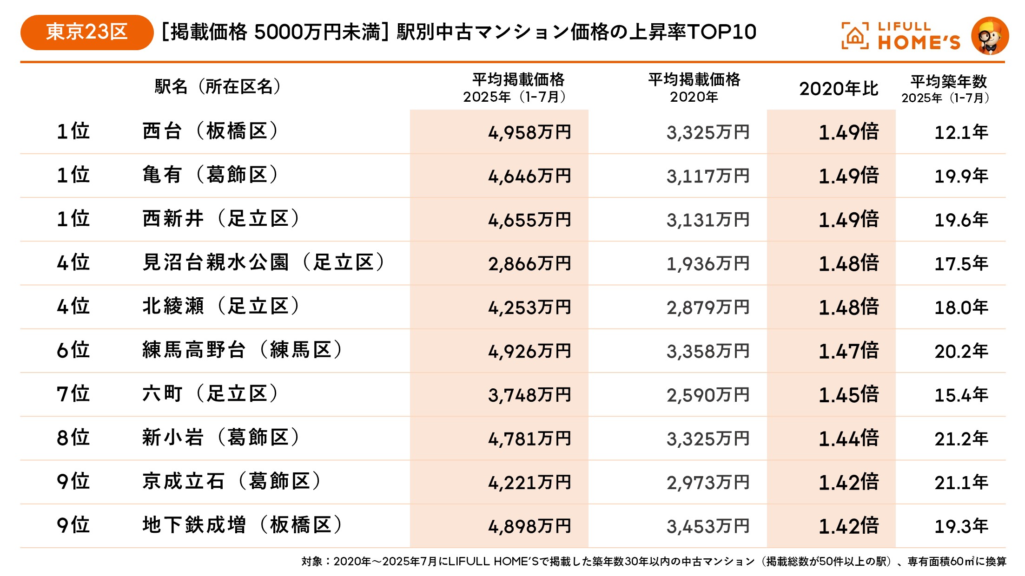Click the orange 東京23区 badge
(86, 32)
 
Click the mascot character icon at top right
(990, 36)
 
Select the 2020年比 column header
(839, 88)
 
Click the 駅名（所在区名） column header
(218, 86)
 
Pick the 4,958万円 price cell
(529, 132)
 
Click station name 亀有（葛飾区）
(211, 175)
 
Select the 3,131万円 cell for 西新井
(708, 220)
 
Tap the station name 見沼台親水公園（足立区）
(264, 262)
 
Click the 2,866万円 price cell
(529, 264)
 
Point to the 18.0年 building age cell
(961, 308)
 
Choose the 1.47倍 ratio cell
(848, 351)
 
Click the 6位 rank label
(73, 350)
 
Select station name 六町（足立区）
(211, 394)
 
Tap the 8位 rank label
(73, 438)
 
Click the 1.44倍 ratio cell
(848, 439)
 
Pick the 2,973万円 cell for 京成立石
(708, 483)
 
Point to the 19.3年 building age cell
(961, 526)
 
